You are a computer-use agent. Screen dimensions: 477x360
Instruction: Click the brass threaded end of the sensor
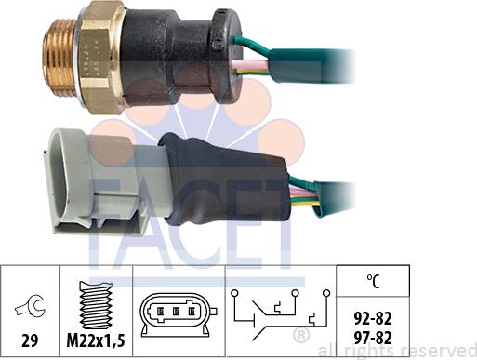(59, 57)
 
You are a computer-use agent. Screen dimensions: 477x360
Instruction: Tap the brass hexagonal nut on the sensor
(100, 57)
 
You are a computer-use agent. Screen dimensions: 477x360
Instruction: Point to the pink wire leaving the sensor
(250, 64)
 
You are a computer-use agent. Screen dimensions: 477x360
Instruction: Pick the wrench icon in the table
(30, 305)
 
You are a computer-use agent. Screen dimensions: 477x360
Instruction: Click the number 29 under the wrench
(30, 340)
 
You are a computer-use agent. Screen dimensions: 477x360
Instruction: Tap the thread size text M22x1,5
(96, 340)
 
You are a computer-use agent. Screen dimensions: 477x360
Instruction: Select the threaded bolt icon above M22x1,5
(96, 305)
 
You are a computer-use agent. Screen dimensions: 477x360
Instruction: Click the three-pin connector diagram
(179, 314)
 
